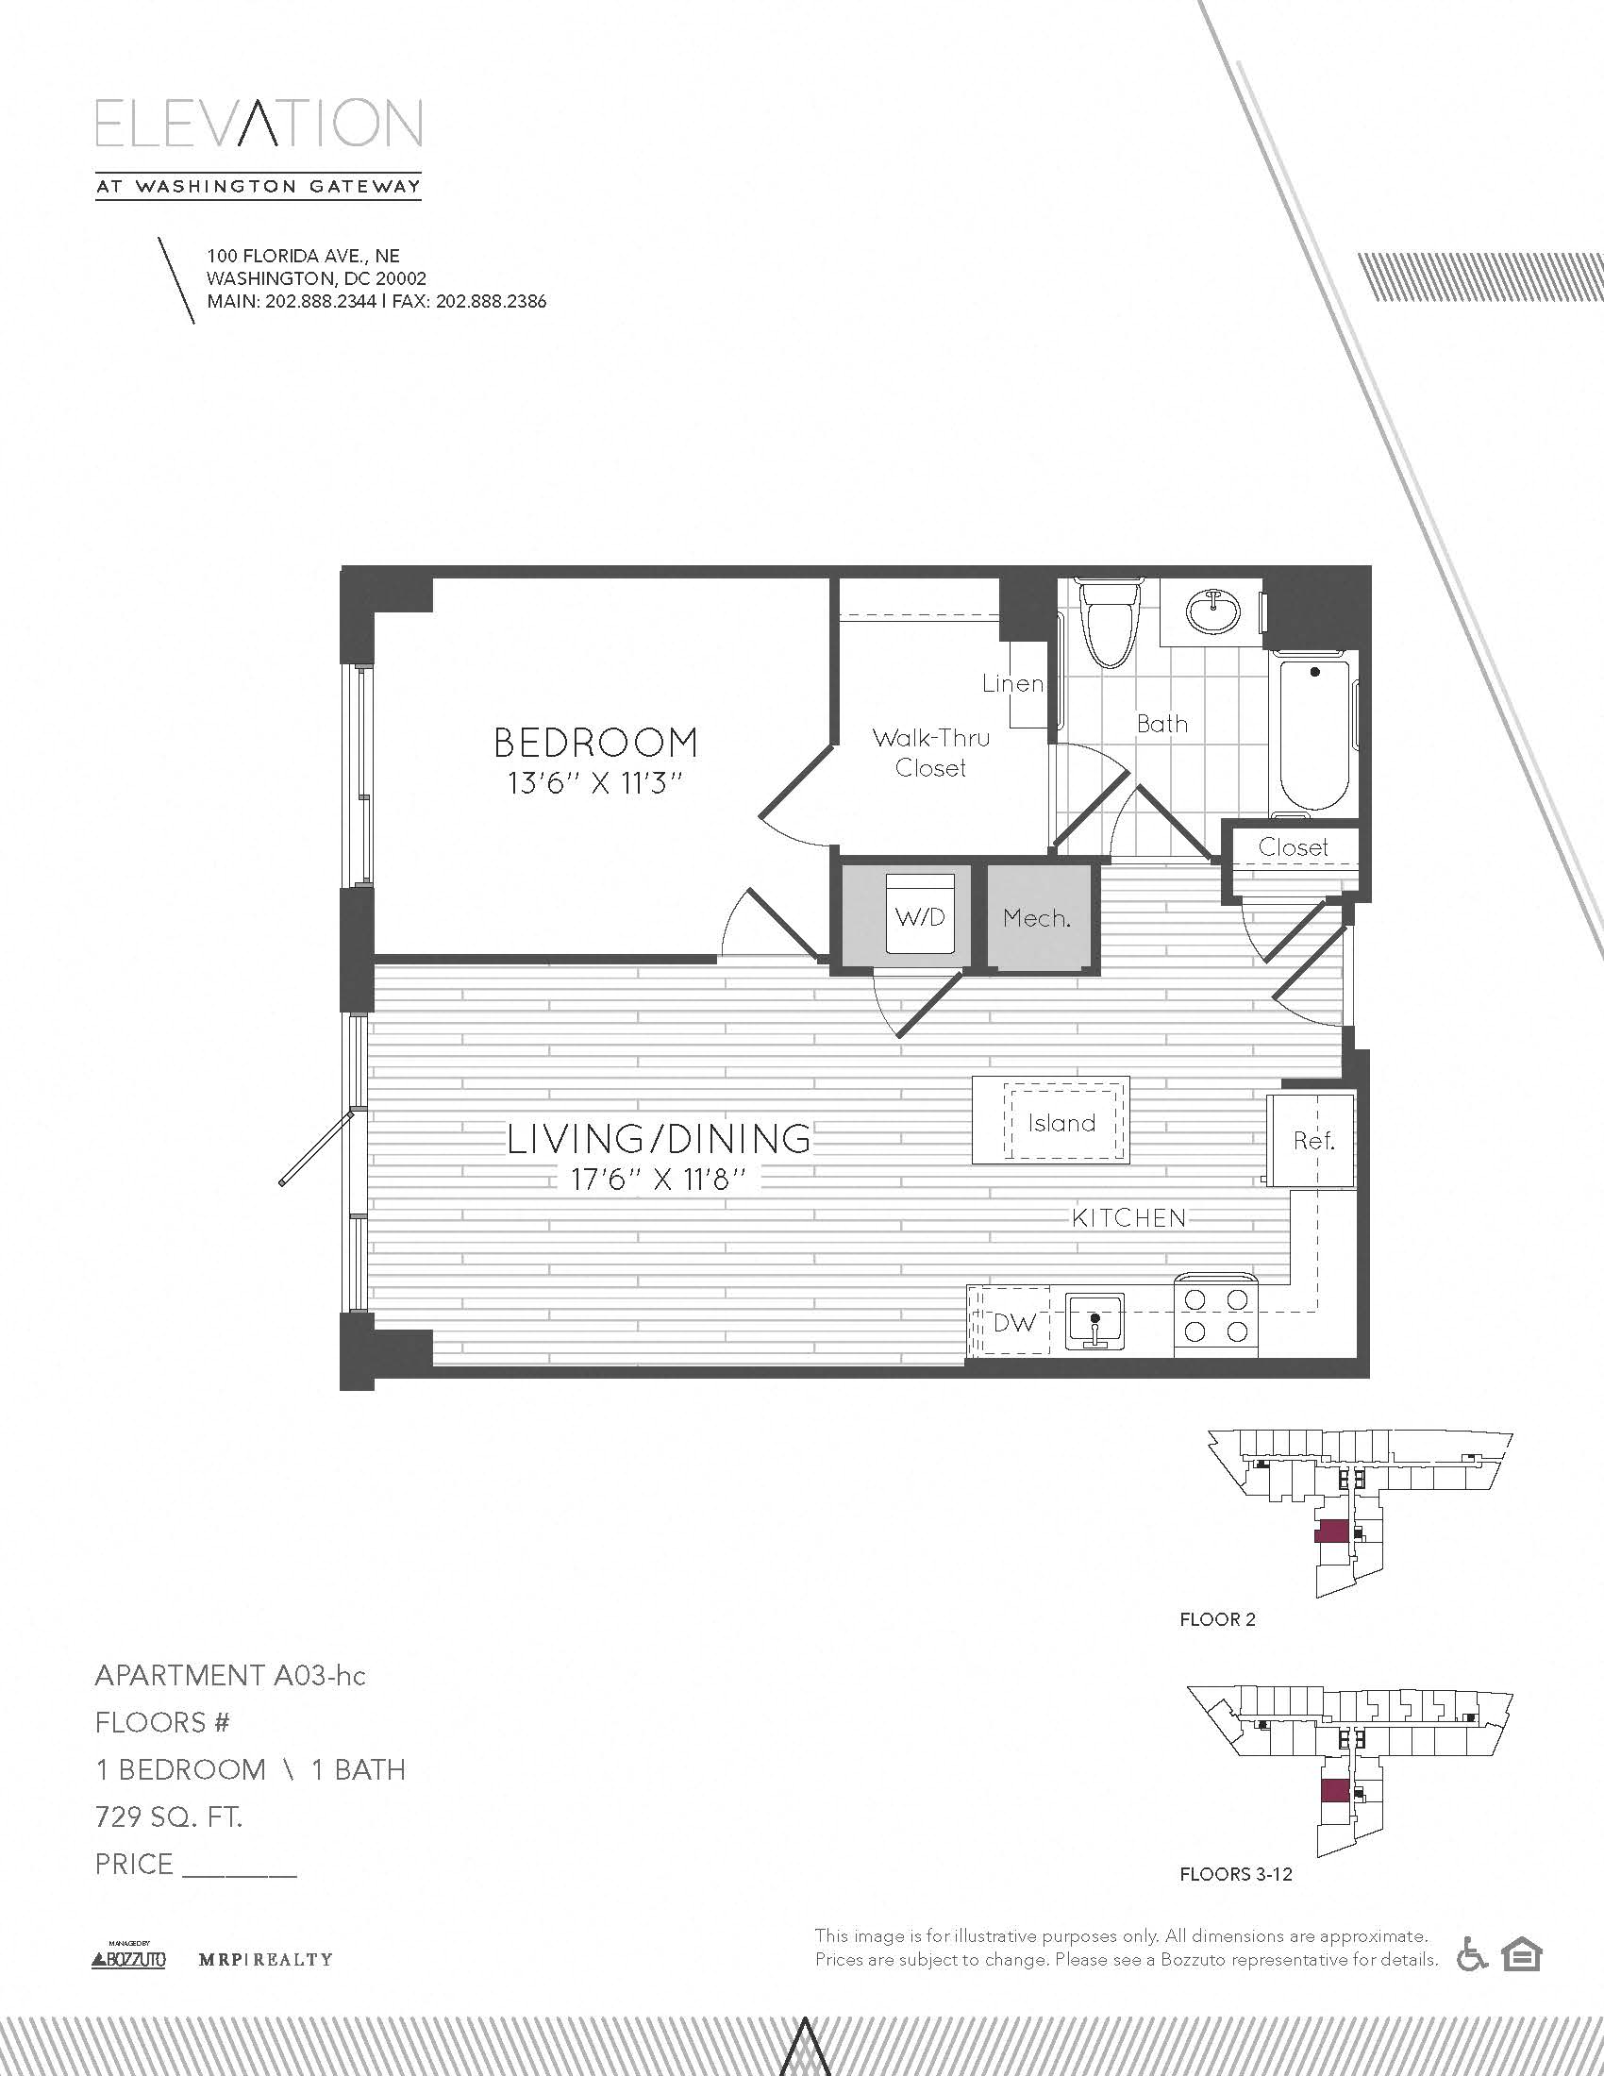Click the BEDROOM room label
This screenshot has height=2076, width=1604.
[x=595, y=743]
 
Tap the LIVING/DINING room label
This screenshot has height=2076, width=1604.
[x=659, y=1139]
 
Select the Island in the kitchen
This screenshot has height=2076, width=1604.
[x=1050, y=1120]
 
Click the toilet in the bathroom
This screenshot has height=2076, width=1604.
[x=1110, y=624]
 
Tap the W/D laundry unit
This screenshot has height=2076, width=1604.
[x=920, y=914]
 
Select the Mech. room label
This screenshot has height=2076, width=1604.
[x=1037, y=918]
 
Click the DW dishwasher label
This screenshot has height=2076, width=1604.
[x=1014, y=1322]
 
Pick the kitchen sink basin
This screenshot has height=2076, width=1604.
[x=1094, y=1320]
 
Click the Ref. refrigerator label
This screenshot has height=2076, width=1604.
[x=1313, y=1141]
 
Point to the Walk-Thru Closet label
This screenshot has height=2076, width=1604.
[x=930, y=753]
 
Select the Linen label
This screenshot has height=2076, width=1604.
[x=1013, y=683]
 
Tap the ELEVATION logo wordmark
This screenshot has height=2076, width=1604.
[x=259, y=123]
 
